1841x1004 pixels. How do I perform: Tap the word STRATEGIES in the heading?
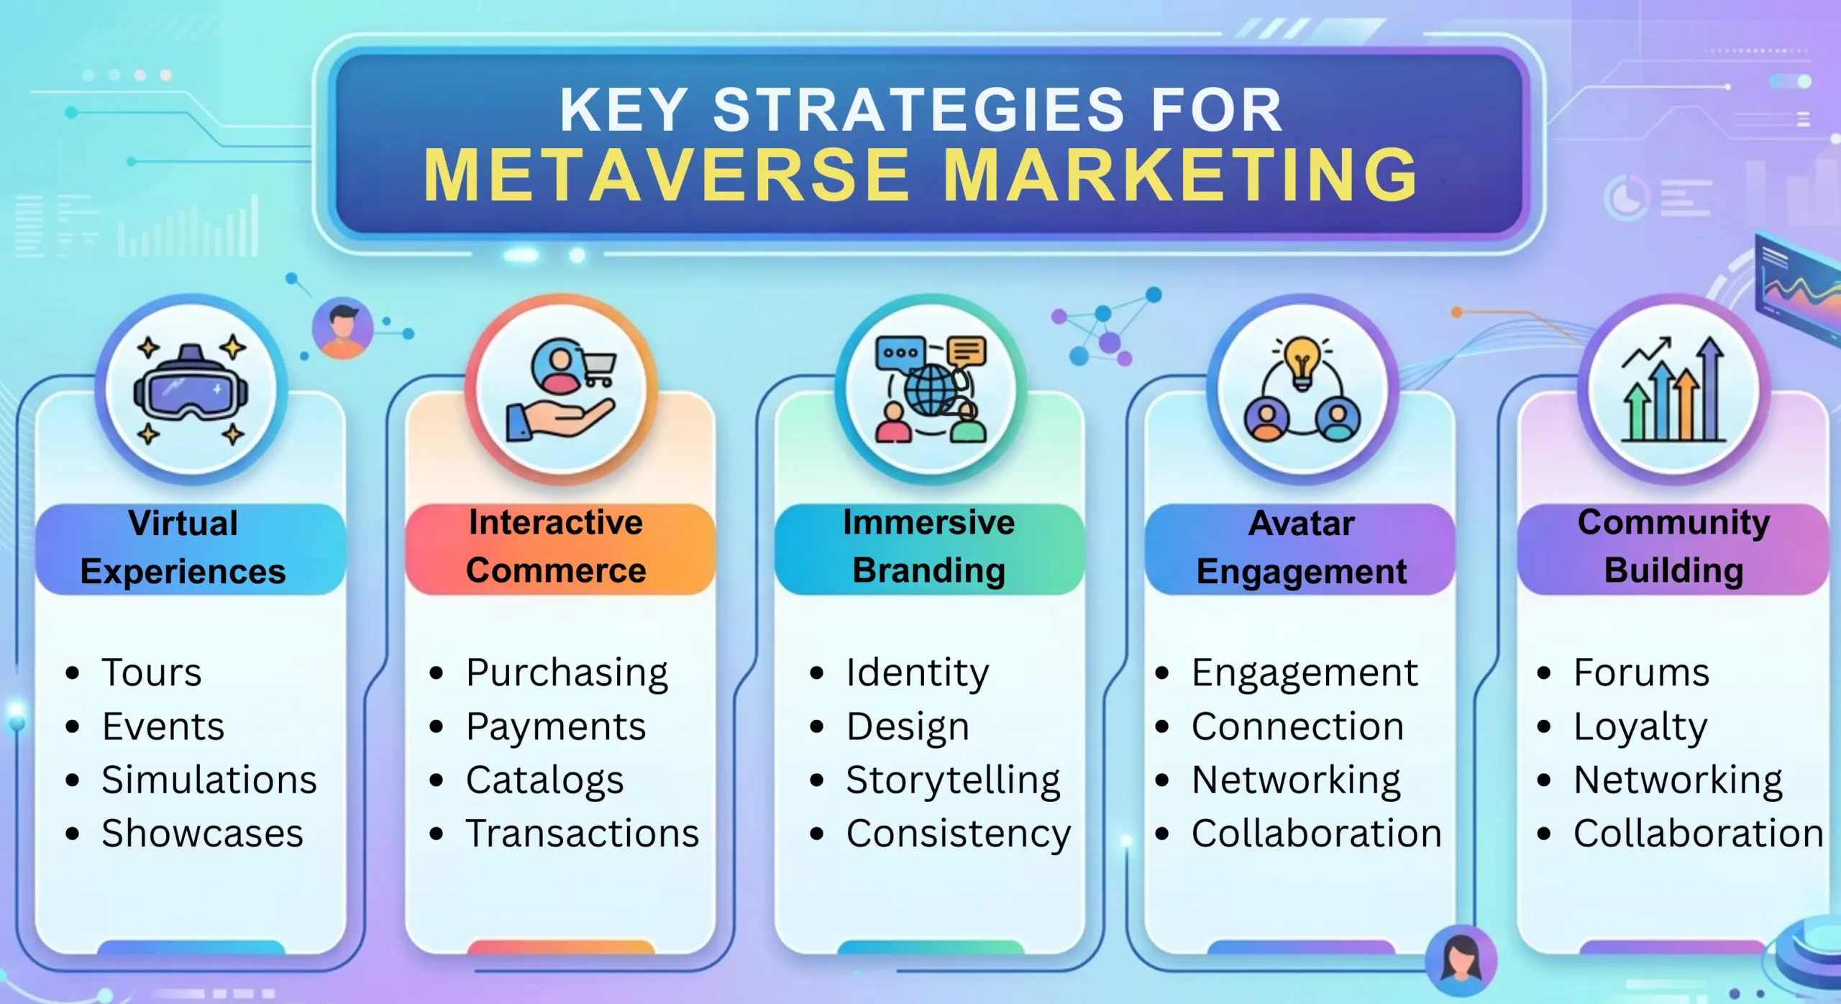pos(918,110)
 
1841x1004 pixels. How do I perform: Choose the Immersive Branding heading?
pos(928,547)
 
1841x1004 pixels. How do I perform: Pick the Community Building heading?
pos(1673,547)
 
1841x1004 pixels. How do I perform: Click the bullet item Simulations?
pos(209,780)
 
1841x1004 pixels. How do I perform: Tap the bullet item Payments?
pos(555,727)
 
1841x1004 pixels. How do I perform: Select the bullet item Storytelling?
pos(953,780)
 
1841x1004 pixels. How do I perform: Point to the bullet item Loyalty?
pos(1640,727)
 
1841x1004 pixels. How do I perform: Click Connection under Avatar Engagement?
pos(1297,727)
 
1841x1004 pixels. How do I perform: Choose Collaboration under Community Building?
pos(1698,834)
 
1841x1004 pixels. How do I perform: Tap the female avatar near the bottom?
pos(1461,960)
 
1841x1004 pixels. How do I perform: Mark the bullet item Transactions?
pos(582,834)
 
